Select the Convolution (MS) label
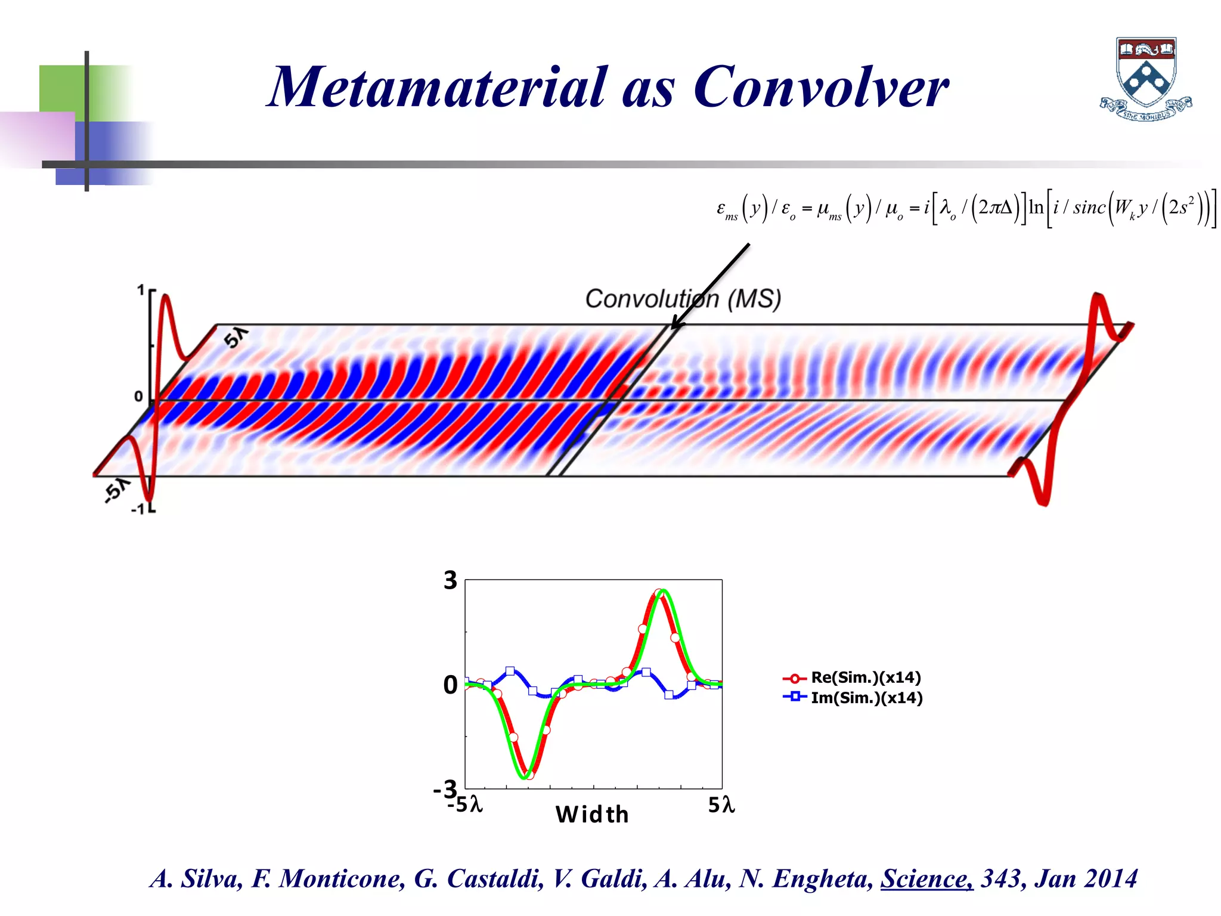point(683,299)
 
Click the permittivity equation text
point(966,208)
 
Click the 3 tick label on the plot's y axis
point(450,580)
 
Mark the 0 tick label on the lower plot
point(450,685)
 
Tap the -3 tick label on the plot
point(445,789)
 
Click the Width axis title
point(592,815)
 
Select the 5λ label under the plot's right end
point(721,806)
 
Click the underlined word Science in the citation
point(926,878)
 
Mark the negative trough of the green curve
point(525,776)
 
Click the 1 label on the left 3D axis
point(141,290)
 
